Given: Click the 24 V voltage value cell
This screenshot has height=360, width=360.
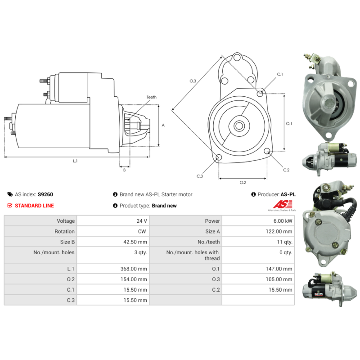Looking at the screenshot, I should pos(142,221).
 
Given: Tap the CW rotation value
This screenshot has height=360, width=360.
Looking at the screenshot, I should pos(143,231).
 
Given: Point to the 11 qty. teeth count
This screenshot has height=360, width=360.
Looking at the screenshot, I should pos(285,242).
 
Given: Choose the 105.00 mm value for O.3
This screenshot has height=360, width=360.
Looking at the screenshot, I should pos(280,279).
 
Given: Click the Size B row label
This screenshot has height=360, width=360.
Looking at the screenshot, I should pos(65,242).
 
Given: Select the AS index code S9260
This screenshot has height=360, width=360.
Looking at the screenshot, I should pos(45,194).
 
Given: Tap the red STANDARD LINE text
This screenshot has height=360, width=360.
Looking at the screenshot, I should pos(34,206).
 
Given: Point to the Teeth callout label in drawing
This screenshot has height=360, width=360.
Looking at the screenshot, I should pos(151,97).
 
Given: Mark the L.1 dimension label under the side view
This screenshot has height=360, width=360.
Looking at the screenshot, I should pos(75,161).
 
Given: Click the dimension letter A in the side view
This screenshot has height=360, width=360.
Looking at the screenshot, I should pos(163,125).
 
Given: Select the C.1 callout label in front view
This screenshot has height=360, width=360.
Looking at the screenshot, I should pos(279,74).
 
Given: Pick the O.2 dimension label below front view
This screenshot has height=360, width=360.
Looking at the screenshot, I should pos(243,182).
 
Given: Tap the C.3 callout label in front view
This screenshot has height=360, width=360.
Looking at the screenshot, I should pos(200,176).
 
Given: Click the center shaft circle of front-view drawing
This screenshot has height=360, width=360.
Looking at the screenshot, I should pos(239,126).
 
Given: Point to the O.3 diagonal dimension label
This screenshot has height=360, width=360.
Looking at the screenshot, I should pos(193,81).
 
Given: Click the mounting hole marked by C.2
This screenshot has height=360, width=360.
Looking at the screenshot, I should pos(267,151).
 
